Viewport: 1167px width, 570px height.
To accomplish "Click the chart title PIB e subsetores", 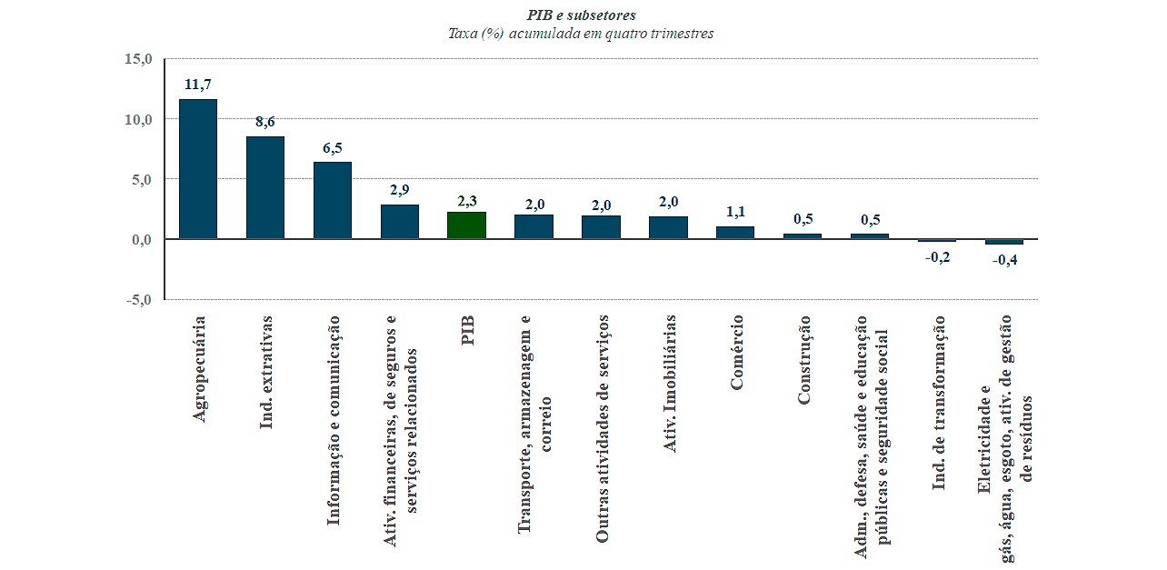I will (582, 15).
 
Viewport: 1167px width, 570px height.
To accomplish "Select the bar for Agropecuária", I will (197, 169).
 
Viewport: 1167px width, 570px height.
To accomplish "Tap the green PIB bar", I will (466, 225).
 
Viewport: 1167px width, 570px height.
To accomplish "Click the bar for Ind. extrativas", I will (264, 187).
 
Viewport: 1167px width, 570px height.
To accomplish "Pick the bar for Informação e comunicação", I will (332, 200).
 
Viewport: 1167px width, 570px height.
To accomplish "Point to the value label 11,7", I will (197, 85).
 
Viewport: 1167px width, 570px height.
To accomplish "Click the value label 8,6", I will (264, 122).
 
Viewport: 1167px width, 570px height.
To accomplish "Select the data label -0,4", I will (1004, 261).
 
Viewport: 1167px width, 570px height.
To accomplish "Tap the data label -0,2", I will (937, 257).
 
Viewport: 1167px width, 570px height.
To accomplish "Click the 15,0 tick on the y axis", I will (138, 59).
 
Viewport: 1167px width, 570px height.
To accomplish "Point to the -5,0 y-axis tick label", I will (138, 299).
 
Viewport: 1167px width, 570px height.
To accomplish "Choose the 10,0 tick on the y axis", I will (138, 119).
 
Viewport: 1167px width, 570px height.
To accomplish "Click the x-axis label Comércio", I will (736, 353).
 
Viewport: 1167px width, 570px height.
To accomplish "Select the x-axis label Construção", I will (803, 360).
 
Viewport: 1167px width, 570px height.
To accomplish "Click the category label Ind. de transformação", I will (939, 403).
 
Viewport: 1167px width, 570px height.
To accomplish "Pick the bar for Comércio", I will (735, 233).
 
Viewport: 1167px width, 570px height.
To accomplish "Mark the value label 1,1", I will (735, 212).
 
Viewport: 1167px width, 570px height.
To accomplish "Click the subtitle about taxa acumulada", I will (582, 34).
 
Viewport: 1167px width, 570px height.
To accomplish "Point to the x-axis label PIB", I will (468, 331).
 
